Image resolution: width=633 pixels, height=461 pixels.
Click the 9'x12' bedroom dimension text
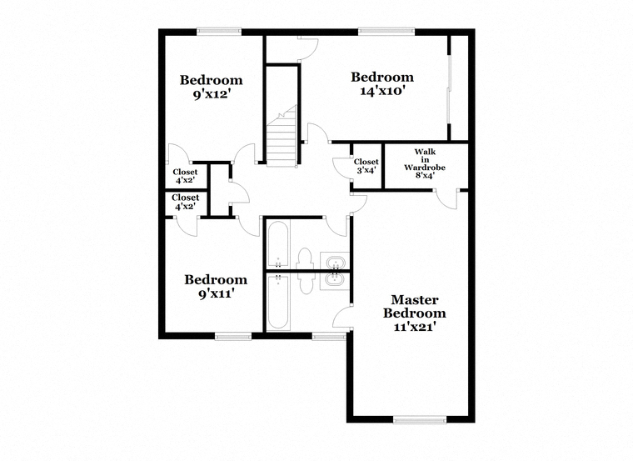coord(212,94)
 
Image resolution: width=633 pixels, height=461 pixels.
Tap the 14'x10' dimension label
coord(382,91)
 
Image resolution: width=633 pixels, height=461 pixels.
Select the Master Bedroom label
coord(415,306)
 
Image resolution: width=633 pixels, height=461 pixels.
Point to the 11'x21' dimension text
coord(415,327)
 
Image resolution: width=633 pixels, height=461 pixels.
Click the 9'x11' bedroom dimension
coord(217,293)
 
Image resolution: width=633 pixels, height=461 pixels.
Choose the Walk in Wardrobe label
coord(425,159)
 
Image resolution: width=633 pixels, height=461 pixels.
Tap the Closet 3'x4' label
coord(366,166)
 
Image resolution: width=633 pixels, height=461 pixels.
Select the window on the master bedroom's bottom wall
coord(420,420)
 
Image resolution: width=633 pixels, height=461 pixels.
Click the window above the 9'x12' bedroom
coord(219,31)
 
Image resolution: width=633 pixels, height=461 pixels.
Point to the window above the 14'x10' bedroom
coord(386,31)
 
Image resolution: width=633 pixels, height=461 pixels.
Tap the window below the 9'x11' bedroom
coord(233,336)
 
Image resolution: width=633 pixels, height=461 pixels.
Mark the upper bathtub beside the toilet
coord(277,244)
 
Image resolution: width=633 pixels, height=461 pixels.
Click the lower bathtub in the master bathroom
coord(277,302)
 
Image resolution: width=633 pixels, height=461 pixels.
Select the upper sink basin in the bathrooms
coord(335,263)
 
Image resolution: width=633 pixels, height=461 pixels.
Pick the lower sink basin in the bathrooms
coord(335,278)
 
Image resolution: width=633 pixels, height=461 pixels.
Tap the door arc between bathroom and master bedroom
coord(342,316)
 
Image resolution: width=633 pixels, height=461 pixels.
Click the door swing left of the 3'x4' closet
coord(342,167)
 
